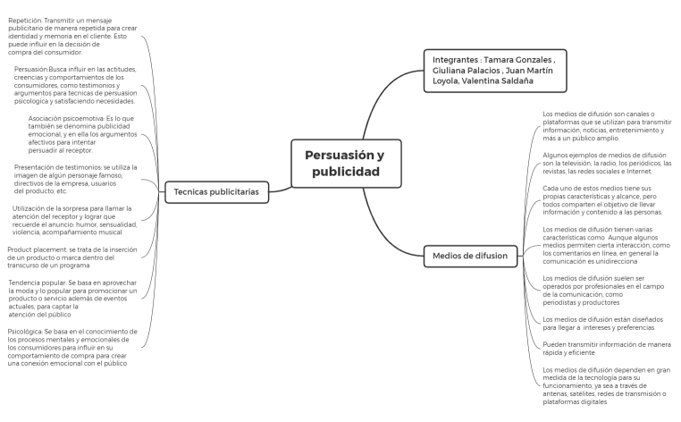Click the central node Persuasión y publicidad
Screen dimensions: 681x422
click(346, 164)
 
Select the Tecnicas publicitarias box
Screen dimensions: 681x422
click(216, 192)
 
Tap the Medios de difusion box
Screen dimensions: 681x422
click(470, 256)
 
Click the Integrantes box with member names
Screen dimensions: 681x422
click(495, 71)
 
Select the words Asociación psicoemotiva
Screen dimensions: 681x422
click(66, 119)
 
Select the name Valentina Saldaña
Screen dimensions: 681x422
click(497, 80)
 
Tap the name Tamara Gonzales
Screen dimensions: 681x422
click(518, 60)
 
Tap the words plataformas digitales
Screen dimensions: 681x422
click(575, 402)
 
